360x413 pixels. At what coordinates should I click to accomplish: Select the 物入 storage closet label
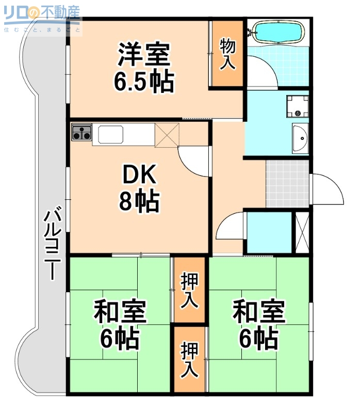point(227,54)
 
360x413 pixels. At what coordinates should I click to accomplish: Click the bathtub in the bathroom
point(277,33)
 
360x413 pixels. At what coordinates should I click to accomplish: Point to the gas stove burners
point(81,133)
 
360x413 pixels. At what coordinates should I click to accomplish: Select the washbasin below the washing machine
point(299,138)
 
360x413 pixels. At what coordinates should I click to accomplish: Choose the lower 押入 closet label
point(189,360)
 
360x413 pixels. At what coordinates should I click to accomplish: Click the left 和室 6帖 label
point(119,325)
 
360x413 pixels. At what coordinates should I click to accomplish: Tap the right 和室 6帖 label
point(259,325)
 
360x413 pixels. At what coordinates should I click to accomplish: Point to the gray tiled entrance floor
point(287,183)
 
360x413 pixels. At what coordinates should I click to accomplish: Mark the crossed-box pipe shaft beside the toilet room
point(301,232)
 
